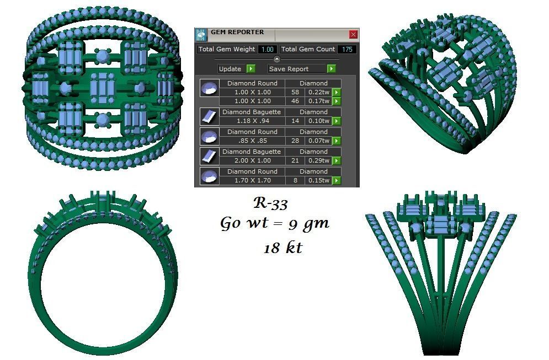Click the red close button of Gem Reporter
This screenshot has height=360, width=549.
(x=353, y=34)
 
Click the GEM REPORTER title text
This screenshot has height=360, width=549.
(x=237, y=33)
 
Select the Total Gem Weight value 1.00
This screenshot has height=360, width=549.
(x=267, y=50)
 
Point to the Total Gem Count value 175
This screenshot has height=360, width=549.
(x=347, y=50)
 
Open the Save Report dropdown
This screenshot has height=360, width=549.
(x=331, y=69)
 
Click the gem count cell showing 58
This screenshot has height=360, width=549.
(x=295, y=92)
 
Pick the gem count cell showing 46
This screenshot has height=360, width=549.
(x=295, y=101)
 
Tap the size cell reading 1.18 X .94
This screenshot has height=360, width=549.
(x=252, y=121)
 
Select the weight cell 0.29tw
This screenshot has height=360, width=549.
(x=318, y=160)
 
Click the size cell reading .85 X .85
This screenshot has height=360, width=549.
(x=252, y=141)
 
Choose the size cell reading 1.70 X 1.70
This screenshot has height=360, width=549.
(x=252, y=180)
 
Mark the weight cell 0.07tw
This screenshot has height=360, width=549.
(x=318, y=141)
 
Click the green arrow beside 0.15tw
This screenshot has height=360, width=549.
(x=336, y=180)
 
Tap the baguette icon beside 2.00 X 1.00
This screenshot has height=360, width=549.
(x=209, y=156)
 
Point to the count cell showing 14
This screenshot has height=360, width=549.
(x=295, y=121)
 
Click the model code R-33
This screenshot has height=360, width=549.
(x=270, y=203)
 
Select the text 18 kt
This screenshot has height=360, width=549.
(x=283, y=248)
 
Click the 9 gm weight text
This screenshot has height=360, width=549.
(x=309, y=224)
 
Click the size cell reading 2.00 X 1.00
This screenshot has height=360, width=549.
(x=252, y=160)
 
